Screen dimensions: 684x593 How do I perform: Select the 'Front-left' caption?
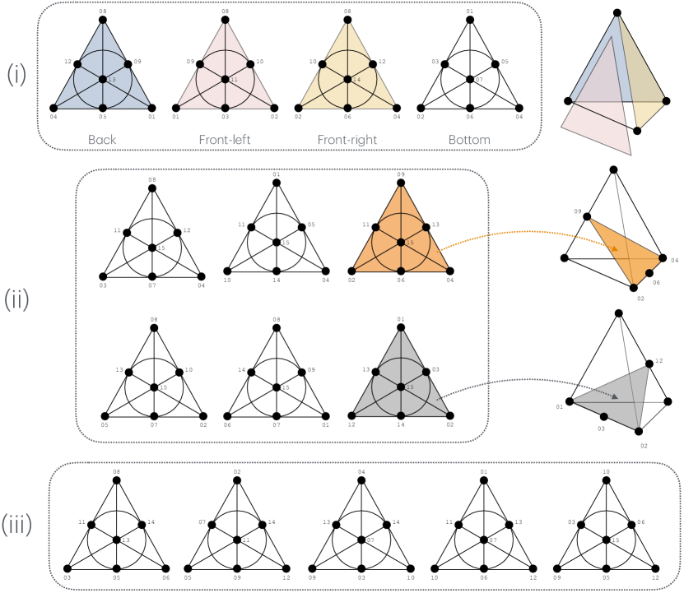pyautogui.click(x=225, y=140)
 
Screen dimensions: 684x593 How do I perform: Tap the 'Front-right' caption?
pyautogui.click(x=347, y=140)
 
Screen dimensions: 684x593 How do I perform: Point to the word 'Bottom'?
pyautogui.click(x=469, y=140)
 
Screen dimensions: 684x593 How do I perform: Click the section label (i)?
pyautogui.click(x=17, y=75)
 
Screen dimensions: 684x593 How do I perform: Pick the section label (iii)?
pyautogui.click(x=17, y=523)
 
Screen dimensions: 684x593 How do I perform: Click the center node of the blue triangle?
pyautogui.click(x=102, y=79)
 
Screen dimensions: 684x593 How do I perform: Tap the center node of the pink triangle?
pyautogui.click(x=225, y=79)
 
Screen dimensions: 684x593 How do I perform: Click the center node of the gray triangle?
pyautogui.click(x=400, y=385)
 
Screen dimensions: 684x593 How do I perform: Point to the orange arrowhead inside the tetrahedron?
pyautogui.click(x=613, y=247)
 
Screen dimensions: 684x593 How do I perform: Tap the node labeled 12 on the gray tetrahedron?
pyautogui.click(x=649, y=362)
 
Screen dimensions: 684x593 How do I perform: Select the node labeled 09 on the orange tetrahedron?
pyautogui.click(x=587, y=217)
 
